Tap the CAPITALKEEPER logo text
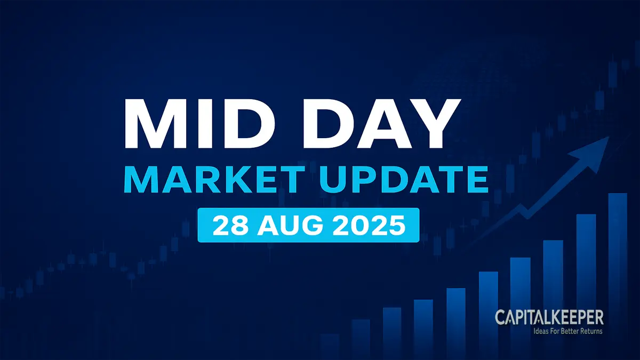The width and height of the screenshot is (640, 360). pos(549,318)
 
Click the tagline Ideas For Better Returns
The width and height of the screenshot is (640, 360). pos(568,331)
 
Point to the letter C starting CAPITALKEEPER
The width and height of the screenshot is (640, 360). pos(500,318)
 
